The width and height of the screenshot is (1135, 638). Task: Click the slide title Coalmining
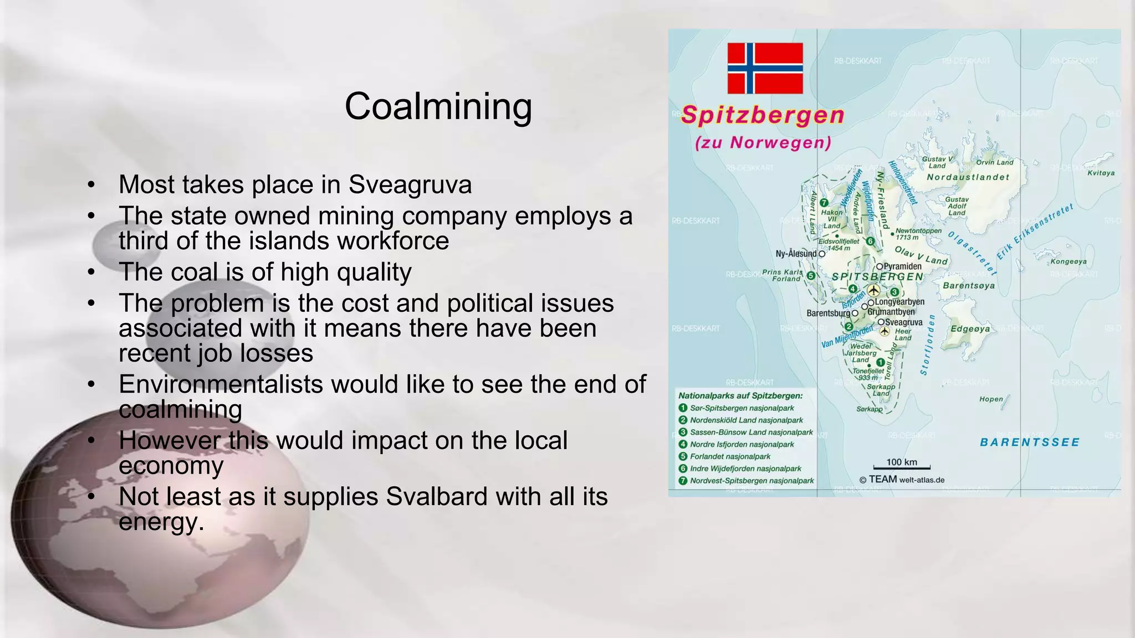click(x=438, y=106)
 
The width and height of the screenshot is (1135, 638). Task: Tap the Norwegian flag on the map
click(x=765, y=68)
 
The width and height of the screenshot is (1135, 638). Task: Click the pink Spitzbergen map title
click(x=763, y=115)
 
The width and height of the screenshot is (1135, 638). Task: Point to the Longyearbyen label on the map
click(x=899, y=302)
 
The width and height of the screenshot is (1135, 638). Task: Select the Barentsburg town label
click(x=828, y=313)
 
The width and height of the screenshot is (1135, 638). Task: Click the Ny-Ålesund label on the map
click(x=796, y=254)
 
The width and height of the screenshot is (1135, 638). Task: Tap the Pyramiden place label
click(x=902, y=266)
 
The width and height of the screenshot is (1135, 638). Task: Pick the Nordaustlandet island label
click(x=968, y=177)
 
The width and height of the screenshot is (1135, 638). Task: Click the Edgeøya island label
click(x=970, y=328)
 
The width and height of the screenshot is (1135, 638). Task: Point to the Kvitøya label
click(x=1101, y=173)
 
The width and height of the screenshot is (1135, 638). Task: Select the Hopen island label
click(x=991, y=399)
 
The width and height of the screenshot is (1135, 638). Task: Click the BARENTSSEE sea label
click(x=1030, y=442)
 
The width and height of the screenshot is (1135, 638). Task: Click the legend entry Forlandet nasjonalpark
click(x=730, y=456)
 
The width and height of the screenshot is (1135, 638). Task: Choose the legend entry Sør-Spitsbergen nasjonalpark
click(x=742, y=408)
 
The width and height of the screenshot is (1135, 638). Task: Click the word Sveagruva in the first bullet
click(x=410, y=184)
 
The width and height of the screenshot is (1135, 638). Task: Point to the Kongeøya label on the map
click(x=1068, y=261)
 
